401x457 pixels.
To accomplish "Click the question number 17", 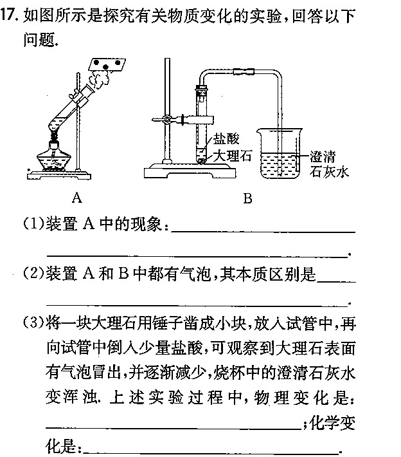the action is (x=9, y=15).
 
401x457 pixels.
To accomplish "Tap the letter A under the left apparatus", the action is (x=77, y=198).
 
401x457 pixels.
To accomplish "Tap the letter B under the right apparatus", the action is (x=247, y=198).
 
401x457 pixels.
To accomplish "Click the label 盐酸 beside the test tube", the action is (x=226, y=138).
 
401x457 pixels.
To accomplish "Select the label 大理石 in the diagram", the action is (x=232, y=156).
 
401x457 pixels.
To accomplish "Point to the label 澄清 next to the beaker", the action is (x=322, y=156).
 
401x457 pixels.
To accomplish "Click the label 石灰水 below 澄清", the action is (x=329, y=171).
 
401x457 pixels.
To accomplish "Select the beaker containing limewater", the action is (x=280, y=154).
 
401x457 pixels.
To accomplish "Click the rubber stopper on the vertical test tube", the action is (x=202, y=87).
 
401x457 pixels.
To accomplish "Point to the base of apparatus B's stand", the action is (x=190, y=171).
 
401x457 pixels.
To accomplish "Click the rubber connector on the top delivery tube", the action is (x=244, y=71).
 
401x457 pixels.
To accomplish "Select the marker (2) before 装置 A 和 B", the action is (x=33, y=274).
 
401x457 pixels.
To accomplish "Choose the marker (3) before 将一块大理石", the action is (x=33, y=323).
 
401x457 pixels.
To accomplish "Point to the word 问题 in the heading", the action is (x=39, y=39).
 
